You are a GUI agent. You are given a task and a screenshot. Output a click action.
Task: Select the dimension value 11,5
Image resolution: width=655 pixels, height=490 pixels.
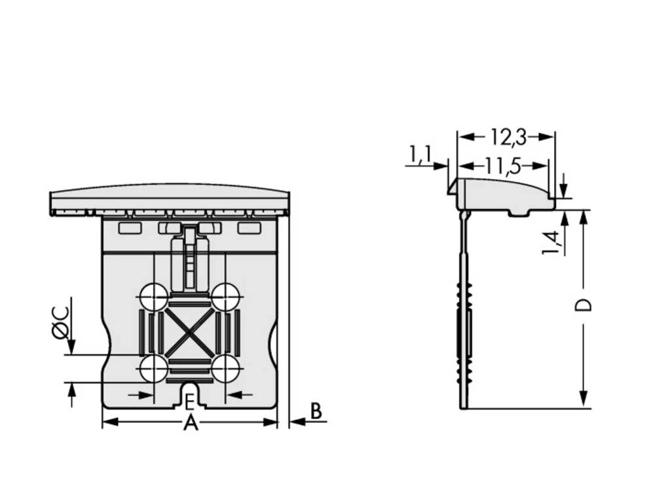tap(503, 166)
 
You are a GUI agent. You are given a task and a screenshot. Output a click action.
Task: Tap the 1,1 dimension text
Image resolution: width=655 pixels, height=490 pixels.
tap(420, 155)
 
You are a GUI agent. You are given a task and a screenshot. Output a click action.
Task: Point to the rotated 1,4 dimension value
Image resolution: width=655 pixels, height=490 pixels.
tap(552, 242)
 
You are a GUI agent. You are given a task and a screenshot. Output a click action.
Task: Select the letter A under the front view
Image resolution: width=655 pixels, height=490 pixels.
tap(190, 423)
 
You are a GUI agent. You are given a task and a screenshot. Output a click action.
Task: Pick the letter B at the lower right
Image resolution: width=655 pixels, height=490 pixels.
tap(316, 411)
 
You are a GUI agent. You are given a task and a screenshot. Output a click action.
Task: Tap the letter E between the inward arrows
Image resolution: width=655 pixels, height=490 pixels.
tap(189, 400)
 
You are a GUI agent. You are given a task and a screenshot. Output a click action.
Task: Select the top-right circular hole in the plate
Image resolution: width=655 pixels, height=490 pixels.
tap(225, 295)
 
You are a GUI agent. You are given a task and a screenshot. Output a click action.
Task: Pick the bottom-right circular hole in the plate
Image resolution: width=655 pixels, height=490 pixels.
tap(225, 367)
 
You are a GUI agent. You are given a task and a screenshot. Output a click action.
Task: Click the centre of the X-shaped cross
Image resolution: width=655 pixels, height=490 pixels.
tap(189, 331)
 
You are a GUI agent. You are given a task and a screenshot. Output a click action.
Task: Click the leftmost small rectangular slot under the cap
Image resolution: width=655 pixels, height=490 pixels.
tap(129, 228)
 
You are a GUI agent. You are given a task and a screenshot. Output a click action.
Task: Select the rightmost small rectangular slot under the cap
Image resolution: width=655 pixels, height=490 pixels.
tap(249, 228)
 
